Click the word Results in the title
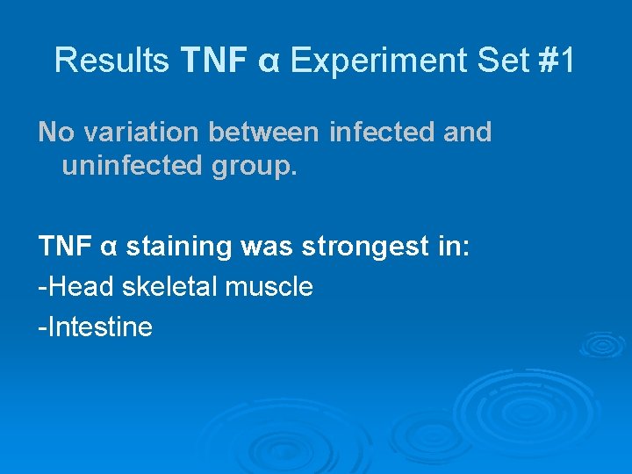(x=111, y=61)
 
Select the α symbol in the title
(x=269, y=61)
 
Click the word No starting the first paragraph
(x=56, y=133)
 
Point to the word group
(x=253, y=168)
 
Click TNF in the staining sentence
(x=65, y=247)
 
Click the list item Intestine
(x=98, y=327)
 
